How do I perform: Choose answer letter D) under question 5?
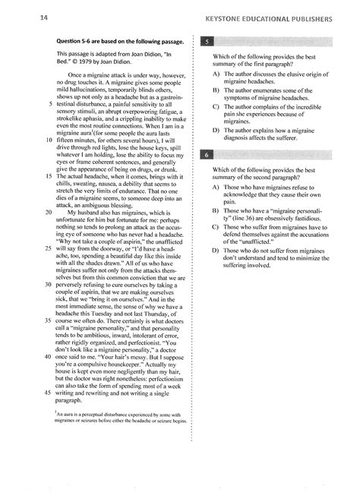(x=216, y=130)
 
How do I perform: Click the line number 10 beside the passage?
(x=49, y=140)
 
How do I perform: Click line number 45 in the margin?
(x=49, y=392)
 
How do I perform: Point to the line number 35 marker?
(x=49, y=321)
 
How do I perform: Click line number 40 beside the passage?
(x=49, y=356)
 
